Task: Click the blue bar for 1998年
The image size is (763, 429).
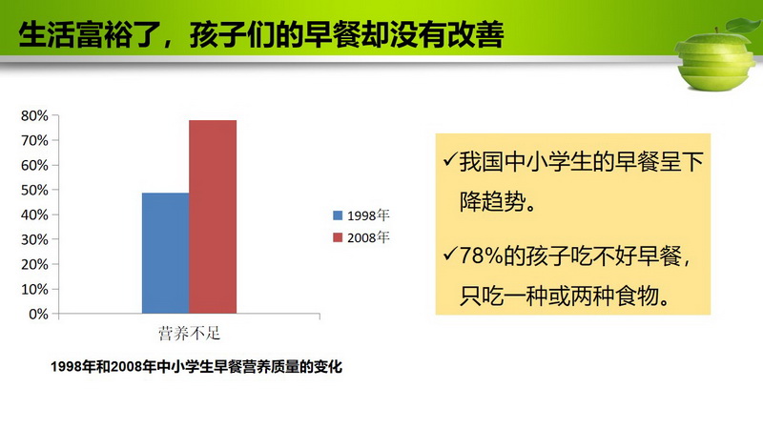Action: click(165, 253)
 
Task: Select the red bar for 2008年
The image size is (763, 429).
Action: click(213, 217)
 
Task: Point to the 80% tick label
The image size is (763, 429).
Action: click(34, 115)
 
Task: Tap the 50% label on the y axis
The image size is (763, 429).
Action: click(34, 190)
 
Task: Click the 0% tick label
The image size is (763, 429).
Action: click(38, 315)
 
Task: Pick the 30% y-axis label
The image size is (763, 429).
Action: click(34, 240)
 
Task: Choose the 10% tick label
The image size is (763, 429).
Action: click(34, 290)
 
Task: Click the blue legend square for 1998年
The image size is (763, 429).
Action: click(338, 215)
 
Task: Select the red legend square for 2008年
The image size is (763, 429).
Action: click(338, 237)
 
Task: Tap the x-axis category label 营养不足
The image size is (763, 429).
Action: click(189, 334)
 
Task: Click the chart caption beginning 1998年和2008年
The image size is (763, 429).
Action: click(196, 366)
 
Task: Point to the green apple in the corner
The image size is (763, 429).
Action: click(715, 58)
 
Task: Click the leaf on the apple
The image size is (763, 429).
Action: click(744, 25)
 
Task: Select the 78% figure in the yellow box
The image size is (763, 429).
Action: click(482, 255)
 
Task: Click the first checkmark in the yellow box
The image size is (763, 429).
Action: click(449, 159)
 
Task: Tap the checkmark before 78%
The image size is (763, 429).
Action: click(449, 254)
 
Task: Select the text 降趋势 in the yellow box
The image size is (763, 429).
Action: click(492, 201)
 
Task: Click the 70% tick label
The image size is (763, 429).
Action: click(34, 140)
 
